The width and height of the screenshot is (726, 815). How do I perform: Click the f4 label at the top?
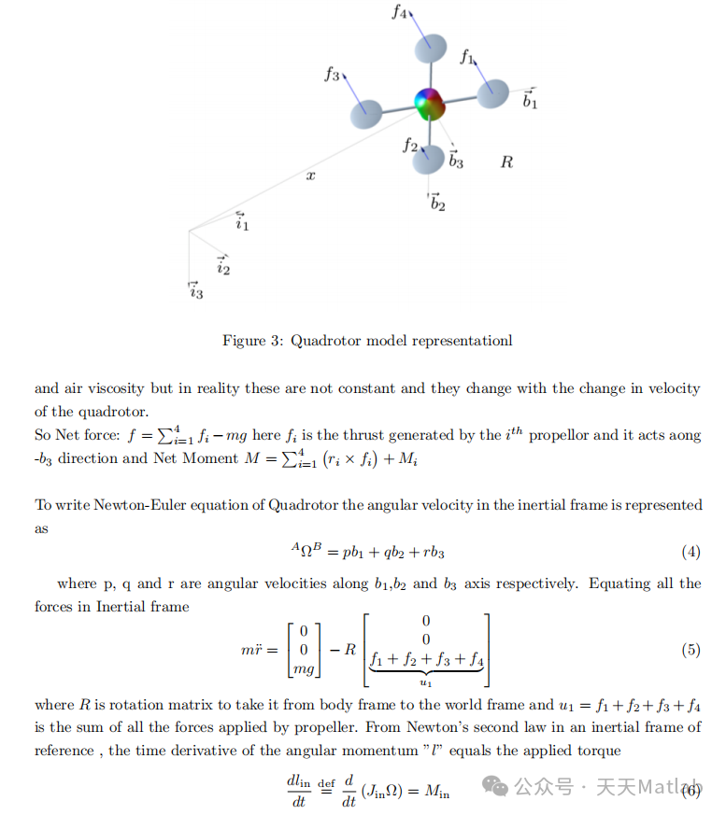(399, 13)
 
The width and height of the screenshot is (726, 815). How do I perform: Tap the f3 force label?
(332, 75)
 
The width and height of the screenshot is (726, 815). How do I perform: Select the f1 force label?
(467, 57)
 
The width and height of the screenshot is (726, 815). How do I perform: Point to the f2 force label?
(409, 145)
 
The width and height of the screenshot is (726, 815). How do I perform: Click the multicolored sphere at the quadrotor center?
(430, 103)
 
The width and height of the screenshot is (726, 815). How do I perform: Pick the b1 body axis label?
(530, 99)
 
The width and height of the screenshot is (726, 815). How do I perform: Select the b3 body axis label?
(455, 160)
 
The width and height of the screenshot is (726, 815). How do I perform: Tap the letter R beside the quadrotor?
(506, 162)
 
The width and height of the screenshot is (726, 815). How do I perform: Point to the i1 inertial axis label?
(242, 222)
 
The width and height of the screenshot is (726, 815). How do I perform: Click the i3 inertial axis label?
(195, 291)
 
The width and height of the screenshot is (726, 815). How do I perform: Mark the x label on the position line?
(311, 176)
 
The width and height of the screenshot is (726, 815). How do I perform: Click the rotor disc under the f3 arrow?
(366, 114)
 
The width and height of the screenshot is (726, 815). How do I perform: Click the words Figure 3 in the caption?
(252, 341)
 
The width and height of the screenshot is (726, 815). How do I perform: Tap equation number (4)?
(690, 552)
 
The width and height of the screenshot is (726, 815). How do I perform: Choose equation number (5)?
(690, 650)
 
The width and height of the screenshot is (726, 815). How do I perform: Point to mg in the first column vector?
(304, 667)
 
